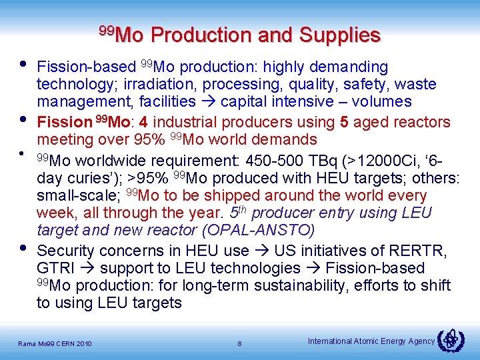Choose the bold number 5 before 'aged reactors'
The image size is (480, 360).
pyautogui.click(x=344, y=123)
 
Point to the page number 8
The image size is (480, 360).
pyautogui.click(x=239, y=344)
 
